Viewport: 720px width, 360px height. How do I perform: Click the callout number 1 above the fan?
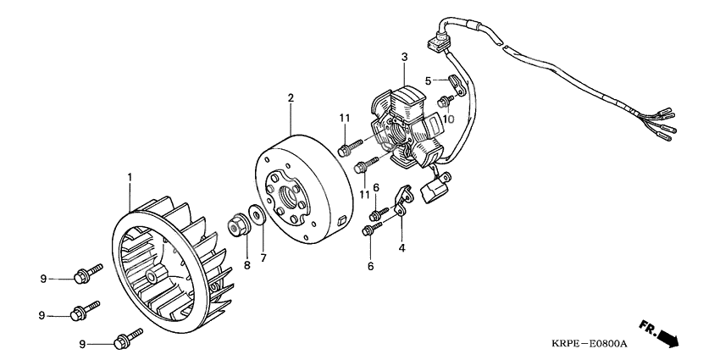130,177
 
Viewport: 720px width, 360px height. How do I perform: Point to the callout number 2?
291,97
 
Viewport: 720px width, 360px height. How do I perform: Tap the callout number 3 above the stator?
404,57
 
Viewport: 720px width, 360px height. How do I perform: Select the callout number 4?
402,248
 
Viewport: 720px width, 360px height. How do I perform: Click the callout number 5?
428,81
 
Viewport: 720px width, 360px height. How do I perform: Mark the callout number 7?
263,258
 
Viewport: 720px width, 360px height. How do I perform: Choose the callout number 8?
247,265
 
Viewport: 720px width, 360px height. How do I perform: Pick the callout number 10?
448,119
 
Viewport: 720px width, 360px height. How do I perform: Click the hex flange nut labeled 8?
239,224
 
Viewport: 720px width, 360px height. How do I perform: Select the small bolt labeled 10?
446,101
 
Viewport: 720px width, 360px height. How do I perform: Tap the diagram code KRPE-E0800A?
590,343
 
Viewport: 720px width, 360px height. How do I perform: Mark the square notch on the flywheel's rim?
341,222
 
